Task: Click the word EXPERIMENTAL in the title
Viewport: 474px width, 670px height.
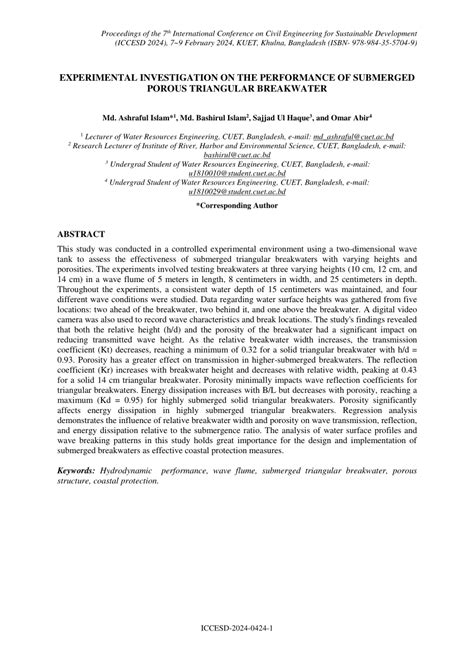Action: tap(110, 76)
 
